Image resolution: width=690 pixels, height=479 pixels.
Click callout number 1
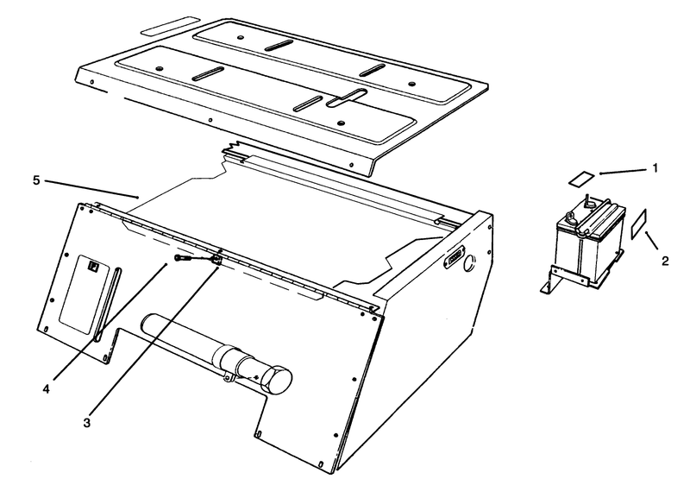(655, 168)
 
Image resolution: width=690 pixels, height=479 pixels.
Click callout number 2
(665, 261)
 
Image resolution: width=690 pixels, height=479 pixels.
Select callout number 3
(87, 423)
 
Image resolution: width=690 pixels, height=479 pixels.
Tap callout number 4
(47, 389)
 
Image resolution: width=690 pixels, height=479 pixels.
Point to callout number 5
(36, 180)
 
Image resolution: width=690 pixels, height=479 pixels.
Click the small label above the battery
(581, 179)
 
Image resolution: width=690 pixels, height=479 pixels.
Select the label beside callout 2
(638, 224)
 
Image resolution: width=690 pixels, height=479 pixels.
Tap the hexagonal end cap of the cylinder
(276, 381)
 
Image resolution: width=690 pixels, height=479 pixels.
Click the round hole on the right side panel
(469, 263)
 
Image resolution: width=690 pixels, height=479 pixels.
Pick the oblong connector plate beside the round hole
(454, 256)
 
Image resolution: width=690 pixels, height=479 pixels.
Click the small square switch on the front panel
(93, 267)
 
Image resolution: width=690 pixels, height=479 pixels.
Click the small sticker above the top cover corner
(169, 26)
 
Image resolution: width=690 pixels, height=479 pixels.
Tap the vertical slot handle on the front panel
(107, 304)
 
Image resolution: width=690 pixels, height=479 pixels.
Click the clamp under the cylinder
(229, 377)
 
